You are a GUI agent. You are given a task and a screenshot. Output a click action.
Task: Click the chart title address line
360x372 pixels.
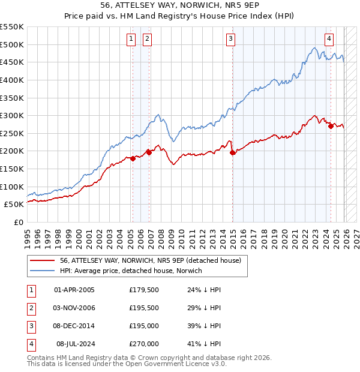pyautogui.click(x=180, y=5)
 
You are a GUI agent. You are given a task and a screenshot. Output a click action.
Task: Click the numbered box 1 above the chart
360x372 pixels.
pyautogui.click(x=131, y=39)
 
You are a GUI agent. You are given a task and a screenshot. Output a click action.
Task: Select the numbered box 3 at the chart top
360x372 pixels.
pyautogui.click(x=230, y=39)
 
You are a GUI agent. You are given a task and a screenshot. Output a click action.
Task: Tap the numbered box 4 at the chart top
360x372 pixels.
pyautogui.click(x=329, y=39)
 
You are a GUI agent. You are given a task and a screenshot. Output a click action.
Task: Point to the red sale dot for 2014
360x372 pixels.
pyautogui.click(x=233, y=153)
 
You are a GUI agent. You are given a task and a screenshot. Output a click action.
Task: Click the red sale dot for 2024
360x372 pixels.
pyautogui.click(x=331, y=126)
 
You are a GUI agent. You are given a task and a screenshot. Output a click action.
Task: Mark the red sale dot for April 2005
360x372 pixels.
pyautogui.click(x=133, y=158)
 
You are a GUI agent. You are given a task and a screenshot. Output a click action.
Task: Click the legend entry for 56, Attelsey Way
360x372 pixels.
pyautogui.click(x=150, y=260)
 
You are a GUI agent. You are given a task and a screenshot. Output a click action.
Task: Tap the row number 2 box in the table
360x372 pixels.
pyautogui.click(x=29, y=308)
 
